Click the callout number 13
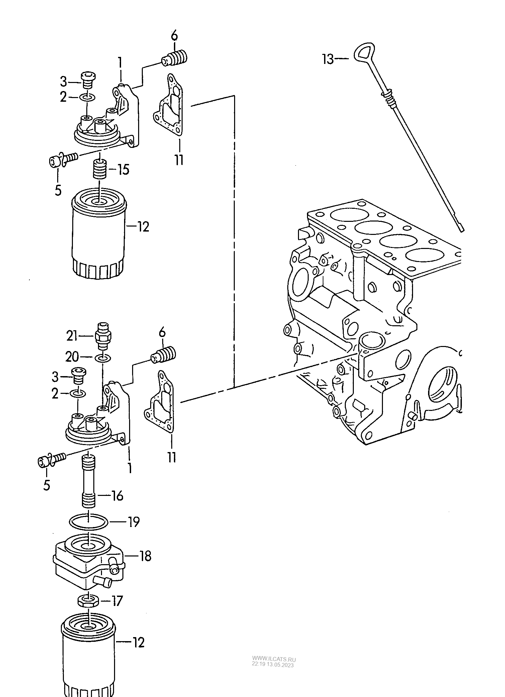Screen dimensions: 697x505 pos(328,59)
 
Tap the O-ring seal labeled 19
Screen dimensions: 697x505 pos(89,522)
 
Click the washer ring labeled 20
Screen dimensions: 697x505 pos(102,358)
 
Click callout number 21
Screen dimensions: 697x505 pos(72,336)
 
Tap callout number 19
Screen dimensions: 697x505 pos(134,522)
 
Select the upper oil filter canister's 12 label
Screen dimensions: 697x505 pos(143,227)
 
